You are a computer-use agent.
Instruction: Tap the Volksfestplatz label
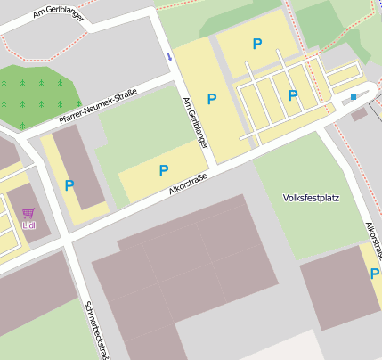tap(311, 197)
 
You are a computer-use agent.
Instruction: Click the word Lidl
tap(28, 225)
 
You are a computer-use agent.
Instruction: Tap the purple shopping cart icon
tap(28, 213)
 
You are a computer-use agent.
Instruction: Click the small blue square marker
tap(354, 96)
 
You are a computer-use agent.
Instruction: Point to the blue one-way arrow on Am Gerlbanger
tap(169, 57)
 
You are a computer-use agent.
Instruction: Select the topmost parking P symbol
tap(257, 44)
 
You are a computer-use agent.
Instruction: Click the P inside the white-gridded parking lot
tap(293, 94)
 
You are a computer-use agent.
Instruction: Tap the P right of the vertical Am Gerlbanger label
tap(212, 99)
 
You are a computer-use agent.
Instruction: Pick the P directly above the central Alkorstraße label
tap(164, 169)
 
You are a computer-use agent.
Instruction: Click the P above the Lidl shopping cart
tap(69, 185)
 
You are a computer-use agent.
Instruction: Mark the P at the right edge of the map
tap(374, 274)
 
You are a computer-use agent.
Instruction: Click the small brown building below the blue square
tap(359, 114)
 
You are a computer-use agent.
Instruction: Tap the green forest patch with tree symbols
tap(38, 94)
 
